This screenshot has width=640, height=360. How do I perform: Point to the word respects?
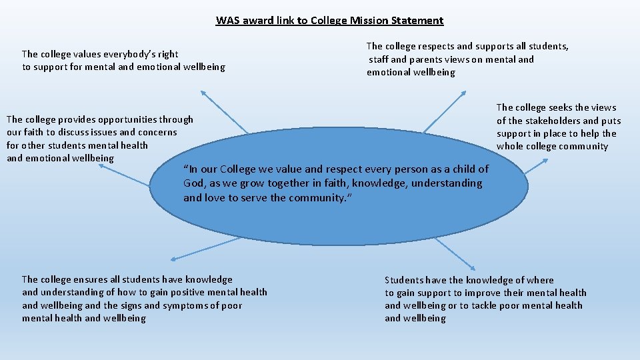[436, 47]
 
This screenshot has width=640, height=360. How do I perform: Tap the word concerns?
[157, 133]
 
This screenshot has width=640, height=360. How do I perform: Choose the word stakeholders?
[547, 121]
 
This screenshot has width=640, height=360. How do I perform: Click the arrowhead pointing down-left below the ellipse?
[173, 258]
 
